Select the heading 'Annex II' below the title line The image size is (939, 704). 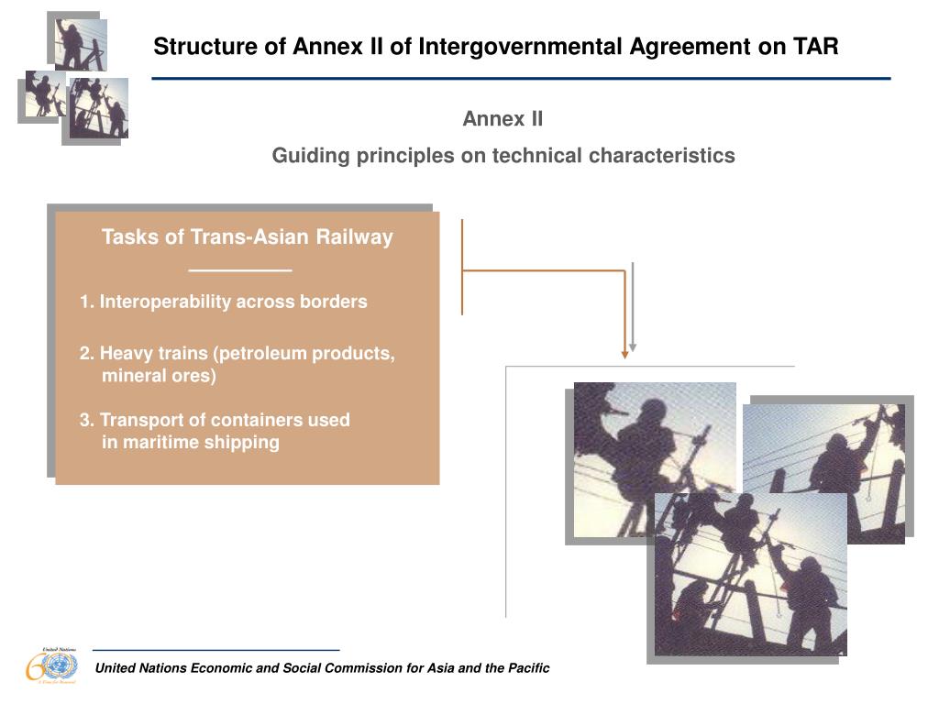(x=503, y=119)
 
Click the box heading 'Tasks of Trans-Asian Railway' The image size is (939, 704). (x=247, y=237)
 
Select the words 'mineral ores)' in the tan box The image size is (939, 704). (x=159, y=376)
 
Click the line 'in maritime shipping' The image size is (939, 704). (x=190, y=443)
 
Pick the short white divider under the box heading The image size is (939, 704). (x=239, y=270)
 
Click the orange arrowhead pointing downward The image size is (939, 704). (x=625, y=352)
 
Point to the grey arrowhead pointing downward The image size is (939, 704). (x=633, y=348)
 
